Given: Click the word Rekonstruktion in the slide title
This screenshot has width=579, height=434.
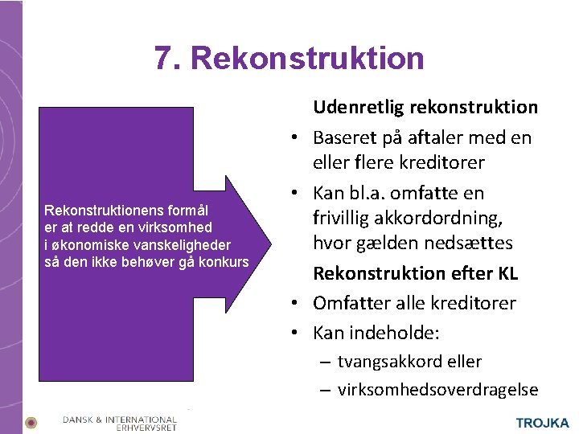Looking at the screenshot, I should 308,59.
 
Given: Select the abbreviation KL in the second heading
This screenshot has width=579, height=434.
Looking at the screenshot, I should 507,273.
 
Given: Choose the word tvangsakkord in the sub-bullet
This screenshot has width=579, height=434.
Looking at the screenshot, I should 384,362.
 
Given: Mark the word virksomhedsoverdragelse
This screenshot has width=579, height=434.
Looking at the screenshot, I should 437,390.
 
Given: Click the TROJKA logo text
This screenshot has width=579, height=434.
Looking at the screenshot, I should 542,423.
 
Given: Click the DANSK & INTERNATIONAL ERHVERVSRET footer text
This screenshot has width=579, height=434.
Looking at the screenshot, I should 120,423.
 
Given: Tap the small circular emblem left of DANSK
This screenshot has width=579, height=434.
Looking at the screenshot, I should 31,422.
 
